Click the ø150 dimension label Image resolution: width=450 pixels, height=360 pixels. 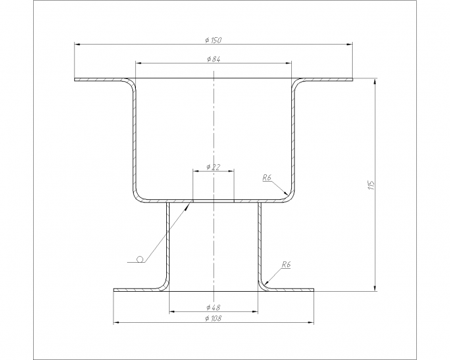(214, 40)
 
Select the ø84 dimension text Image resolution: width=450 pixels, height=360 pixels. (214, 59)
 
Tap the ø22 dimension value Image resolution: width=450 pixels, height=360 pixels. (214, 167)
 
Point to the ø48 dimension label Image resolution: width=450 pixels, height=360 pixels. (214, 307)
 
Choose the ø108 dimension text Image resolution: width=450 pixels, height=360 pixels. (214, 318)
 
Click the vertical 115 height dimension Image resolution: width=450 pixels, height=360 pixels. (371, 185)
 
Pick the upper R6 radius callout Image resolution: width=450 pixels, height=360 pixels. (267, 178)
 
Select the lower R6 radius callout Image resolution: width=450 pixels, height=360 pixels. (286, 265)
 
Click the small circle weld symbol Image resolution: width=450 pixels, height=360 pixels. (140, 259)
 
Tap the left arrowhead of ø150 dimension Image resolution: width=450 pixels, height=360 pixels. (77, 44)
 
